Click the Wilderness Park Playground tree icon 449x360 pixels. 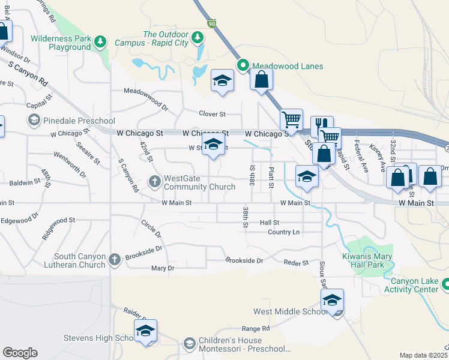101,41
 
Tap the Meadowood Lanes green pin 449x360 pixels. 243,66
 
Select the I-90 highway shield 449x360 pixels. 211,23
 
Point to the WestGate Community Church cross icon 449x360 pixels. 154,181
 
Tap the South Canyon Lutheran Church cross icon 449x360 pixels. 115,260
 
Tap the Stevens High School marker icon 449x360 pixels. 145,331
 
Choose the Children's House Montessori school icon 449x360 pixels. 189,343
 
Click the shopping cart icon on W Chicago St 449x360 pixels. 291,119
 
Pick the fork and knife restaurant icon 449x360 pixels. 322,125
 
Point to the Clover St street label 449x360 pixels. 212,113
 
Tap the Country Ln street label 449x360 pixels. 283,232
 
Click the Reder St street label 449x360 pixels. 296,263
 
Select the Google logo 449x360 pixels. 20,353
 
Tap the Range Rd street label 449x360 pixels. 255,328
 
